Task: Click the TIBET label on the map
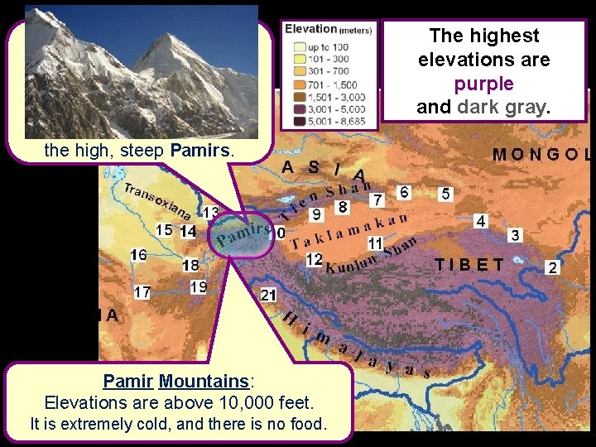[x=469, y=265]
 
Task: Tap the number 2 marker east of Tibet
[x=553, y=267]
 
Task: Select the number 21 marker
[x=268, y=295]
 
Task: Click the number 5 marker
[x=446, y=194]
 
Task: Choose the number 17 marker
[x=142, y=292]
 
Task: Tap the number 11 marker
[x=375, y=243]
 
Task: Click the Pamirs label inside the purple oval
[x=243, y=233]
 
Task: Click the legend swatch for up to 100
[x=294, y=47]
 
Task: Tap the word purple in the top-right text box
[x=483, y=84]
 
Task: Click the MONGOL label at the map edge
[x=542, y=154]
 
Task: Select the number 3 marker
[x=515, y=235]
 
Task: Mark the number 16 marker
[x=138, y=255]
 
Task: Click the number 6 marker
[x=404, y=192]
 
